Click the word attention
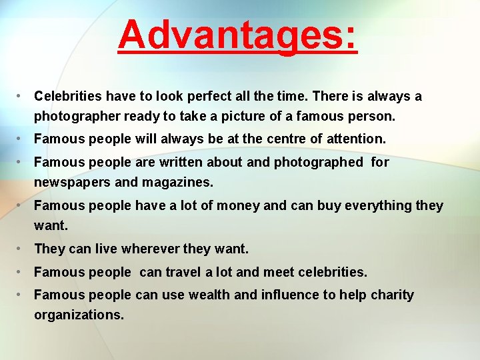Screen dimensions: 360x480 point(355,139)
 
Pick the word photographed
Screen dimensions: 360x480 point(325,162)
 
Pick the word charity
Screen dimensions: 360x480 point(393,295)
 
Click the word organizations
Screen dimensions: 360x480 point(79,315)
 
